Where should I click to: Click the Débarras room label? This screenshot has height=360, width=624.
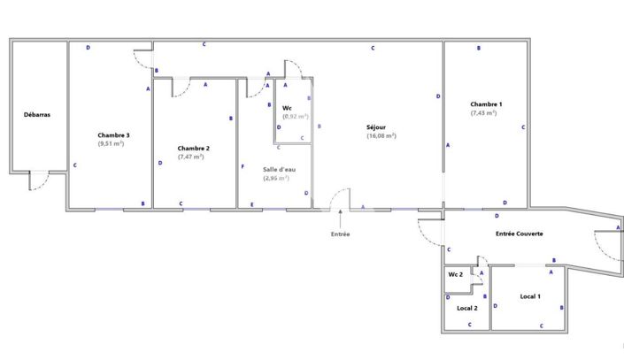pyautogui.click(x=36, y=115)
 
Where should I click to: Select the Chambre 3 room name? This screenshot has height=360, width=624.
pyautogui.click(x=114, y=134)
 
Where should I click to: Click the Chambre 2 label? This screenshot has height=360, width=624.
pyautogui.click(x=193, y=148)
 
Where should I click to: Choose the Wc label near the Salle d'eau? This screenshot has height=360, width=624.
pyautogui.click(x=287, y=108)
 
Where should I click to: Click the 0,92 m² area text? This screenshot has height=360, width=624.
pyautogui.click(x=295, y=117)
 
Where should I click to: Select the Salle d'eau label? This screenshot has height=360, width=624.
pyautogui.click(x=279, y=168)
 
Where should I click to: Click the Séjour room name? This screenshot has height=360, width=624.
pyautogui.click(x=375, y=127)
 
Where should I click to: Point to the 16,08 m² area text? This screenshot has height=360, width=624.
pyautogui.click(x=381, y=136)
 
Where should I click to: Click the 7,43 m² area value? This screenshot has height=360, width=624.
pyautogui.click(x=483, y=113)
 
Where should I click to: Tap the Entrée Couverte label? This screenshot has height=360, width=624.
pyautogui.click(x=519, y=234)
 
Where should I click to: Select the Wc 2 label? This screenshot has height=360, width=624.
pyautogui.click(x=455, y=275)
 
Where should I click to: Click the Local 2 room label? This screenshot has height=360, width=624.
pyautogui.click(x=466, y=308)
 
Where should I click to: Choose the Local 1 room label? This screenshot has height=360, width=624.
pyautogui.click(x=530, y=295)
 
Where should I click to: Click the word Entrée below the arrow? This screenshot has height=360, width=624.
pyautogui.click(x=341, y=234)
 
